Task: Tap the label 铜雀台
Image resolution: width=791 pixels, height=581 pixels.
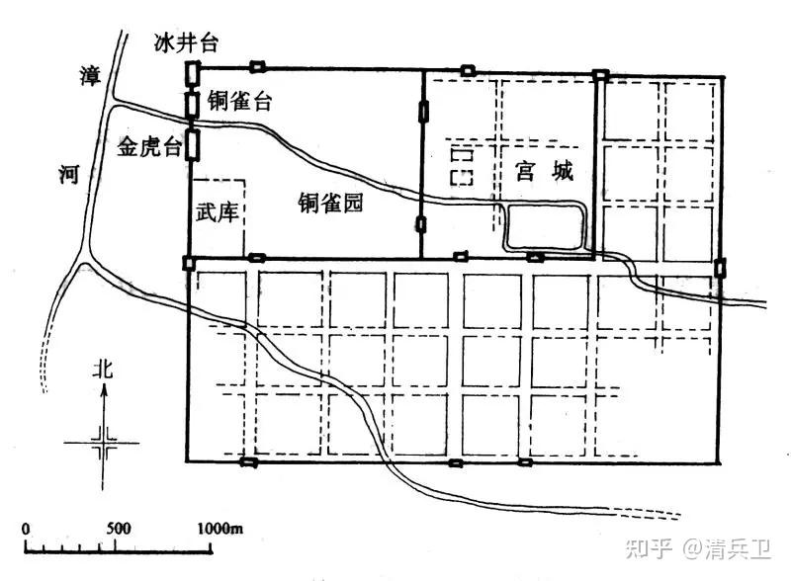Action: point(239,101)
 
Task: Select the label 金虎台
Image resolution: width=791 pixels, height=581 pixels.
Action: point(150,148)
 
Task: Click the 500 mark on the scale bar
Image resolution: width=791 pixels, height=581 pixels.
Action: point(118,528)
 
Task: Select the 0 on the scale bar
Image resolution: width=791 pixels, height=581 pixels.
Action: point(26,528)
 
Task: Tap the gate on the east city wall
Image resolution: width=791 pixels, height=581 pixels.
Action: point(721,267)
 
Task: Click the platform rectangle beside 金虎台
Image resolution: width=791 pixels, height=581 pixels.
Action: point(193,144)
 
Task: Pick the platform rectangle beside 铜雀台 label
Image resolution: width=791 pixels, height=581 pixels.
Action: point(193,102)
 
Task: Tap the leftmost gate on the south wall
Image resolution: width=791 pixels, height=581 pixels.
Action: point(247,461)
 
